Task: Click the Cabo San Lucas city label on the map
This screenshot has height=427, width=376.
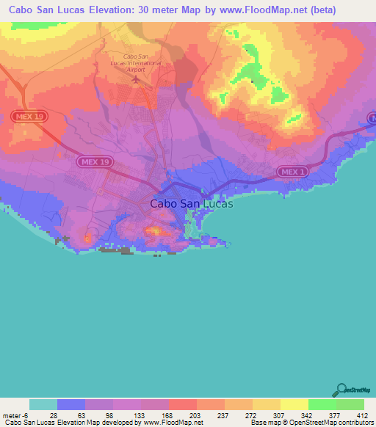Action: pos(191,204)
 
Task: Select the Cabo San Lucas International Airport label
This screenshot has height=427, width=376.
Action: pos(143,62)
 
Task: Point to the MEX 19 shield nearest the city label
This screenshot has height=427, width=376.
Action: pos(93,160)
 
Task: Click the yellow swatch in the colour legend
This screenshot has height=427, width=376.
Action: pos(294,404)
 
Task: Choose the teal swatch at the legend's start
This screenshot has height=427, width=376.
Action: pos(43,404)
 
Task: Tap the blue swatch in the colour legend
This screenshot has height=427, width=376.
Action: pos(71,404)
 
